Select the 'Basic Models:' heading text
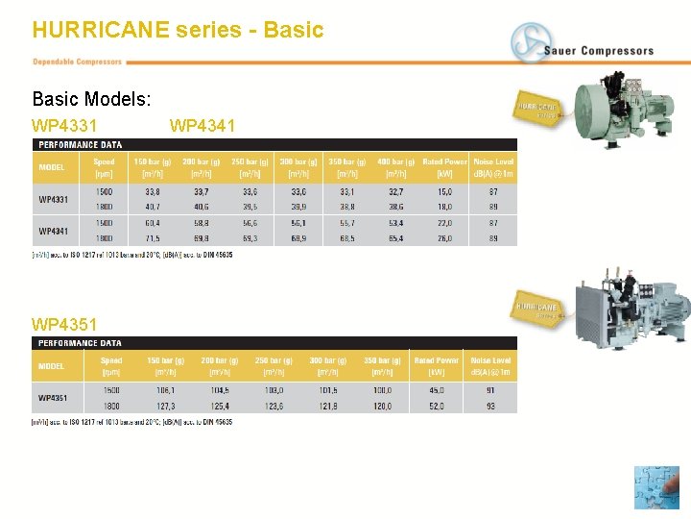(92, 99)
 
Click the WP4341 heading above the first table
(202, 126)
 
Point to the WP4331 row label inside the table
(54, 199)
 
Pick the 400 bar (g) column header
(395, 161)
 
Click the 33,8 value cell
(153, 191)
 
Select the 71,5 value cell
(153, 237)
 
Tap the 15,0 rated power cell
(444, 191)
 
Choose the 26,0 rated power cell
(444, 237)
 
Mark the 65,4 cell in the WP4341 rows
(395, 237)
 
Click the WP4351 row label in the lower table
(54, 397)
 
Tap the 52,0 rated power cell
(436, 406)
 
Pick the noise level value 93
(491, 406)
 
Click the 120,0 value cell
(381, 406)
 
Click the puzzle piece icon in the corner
(655, 487)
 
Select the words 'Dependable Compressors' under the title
(78, 62)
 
